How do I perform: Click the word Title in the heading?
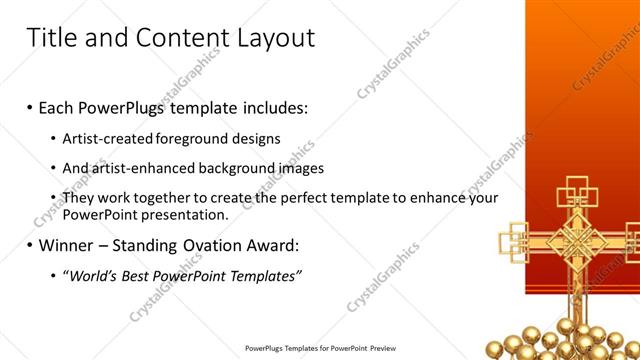tap(51, 39)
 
